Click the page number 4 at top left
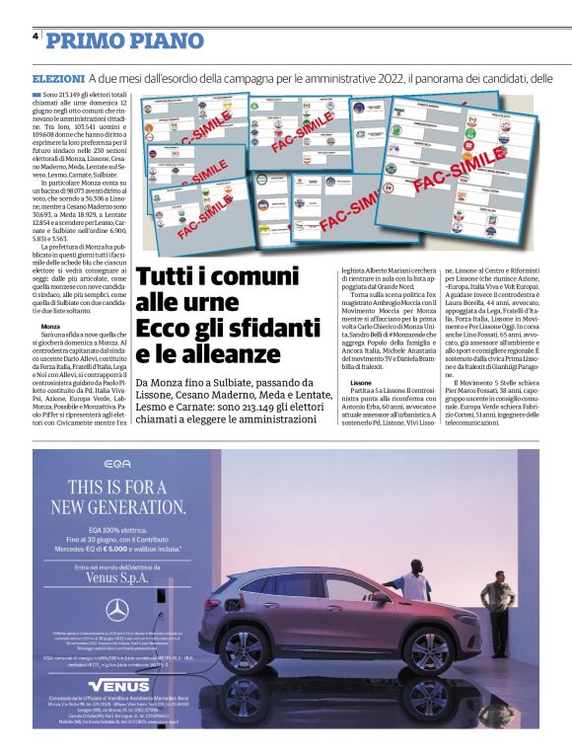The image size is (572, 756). [36, 35]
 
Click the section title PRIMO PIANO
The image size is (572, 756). [125, 40]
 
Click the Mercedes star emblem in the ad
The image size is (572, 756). [117, 609]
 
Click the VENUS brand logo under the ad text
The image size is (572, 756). [117, 685]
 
